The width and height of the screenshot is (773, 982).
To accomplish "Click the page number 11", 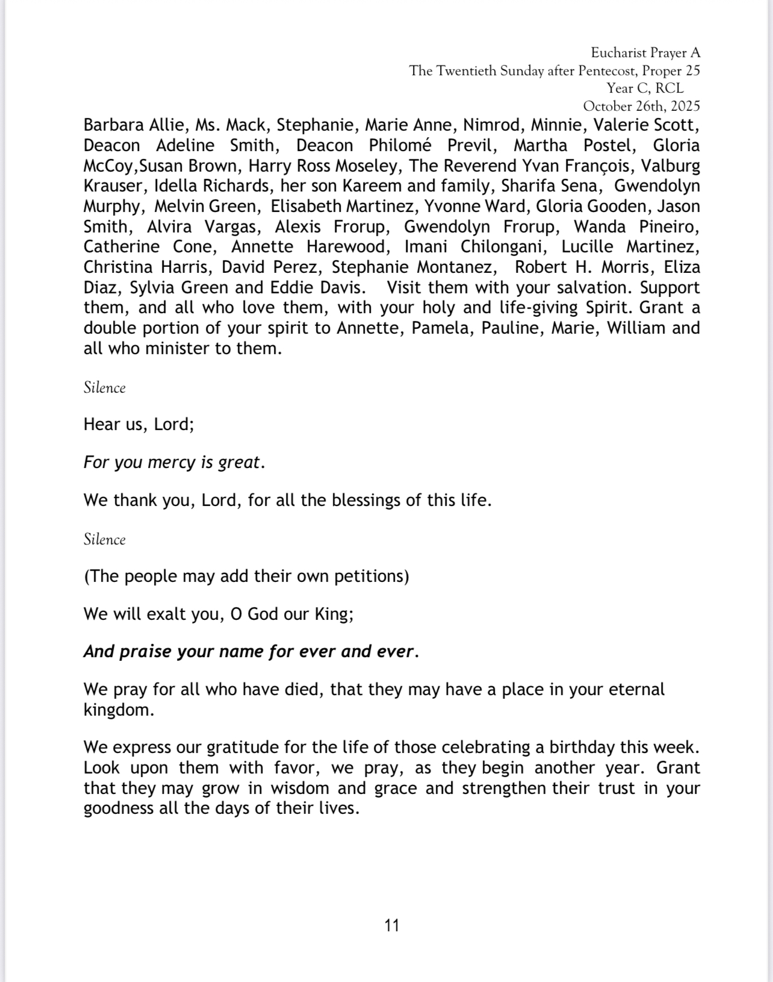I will (391, 925).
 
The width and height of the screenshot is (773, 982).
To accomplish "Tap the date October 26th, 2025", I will (641, 106).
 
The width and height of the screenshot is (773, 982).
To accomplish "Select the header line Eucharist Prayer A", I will (645, 53).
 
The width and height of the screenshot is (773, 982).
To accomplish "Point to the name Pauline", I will (511, 328).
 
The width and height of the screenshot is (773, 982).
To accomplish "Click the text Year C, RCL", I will (645, 89).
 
